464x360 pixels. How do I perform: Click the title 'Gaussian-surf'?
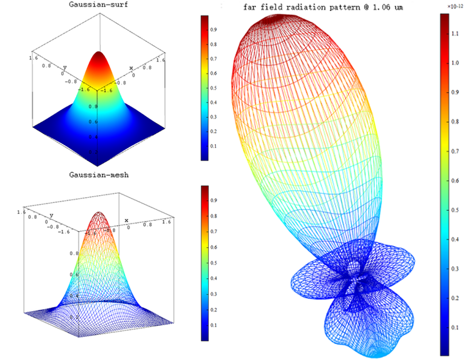pos(97,5)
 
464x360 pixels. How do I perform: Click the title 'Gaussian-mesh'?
pos(97,175)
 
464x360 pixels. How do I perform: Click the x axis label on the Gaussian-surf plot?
pos(131,68)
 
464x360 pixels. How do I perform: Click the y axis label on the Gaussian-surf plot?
pos(64,67)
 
